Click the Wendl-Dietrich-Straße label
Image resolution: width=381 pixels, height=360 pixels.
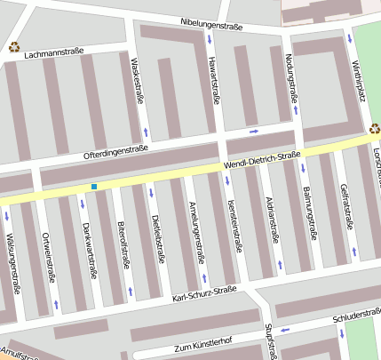tap(262, 160)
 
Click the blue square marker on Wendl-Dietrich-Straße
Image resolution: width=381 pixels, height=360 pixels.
tap(93, 187)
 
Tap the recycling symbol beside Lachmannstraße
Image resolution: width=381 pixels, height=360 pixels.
tap(13, 47)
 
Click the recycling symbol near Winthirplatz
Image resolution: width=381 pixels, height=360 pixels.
tap(375, 128)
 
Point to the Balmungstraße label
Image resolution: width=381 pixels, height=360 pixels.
tap(309, 213)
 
